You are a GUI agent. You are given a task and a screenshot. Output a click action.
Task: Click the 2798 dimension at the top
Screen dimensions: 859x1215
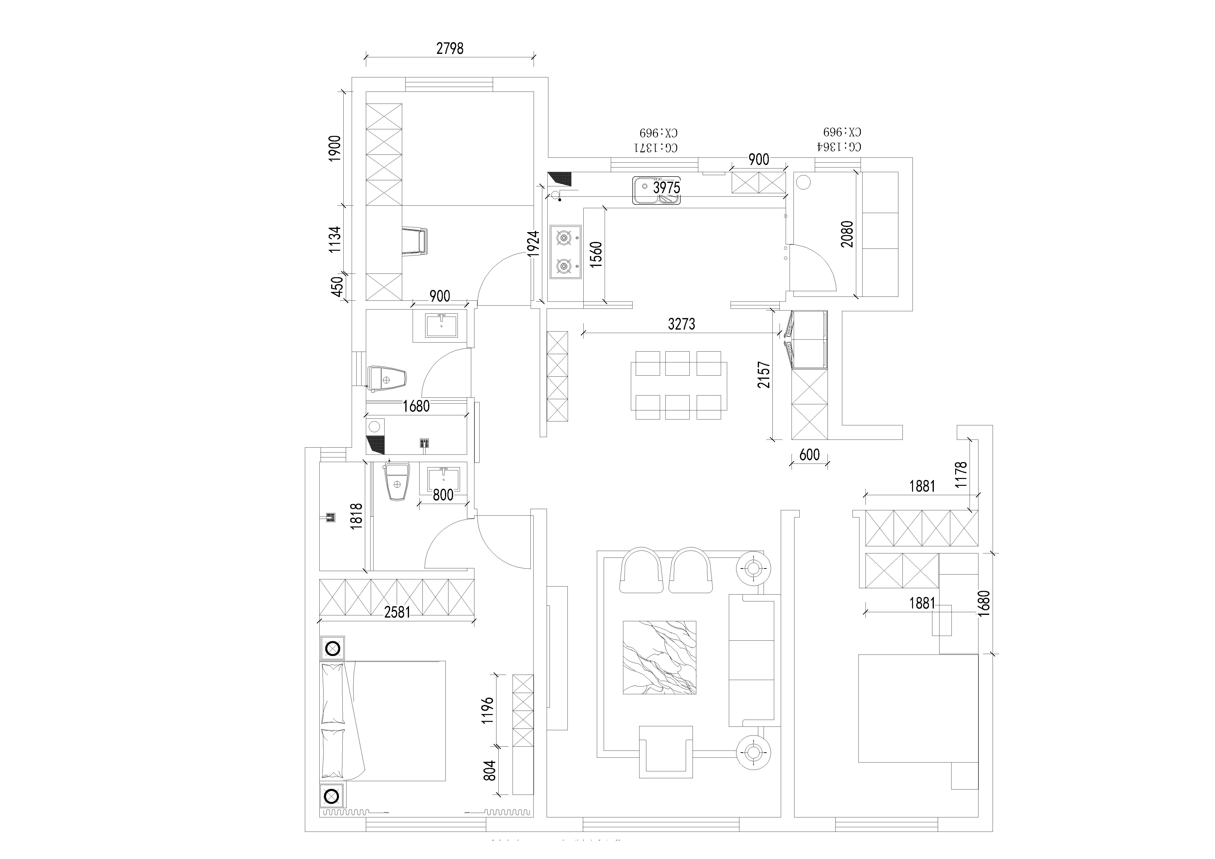(x=450, y=49)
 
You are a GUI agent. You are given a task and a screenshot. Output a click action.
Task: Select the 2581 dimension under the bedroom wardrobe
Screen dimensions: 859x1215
(x=397, y=612)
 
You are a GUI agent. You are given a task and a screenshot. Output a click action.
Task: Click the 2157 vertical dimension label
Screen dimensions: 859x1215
(x=764, y=374)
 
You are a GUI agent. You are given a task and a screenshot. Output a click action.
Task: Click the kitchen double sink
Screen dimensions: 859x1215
(x=656, y=191)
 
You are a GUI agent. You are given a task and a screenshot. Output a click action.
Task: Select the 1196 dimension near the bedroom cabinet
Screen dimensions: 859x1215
(x=488, y=710)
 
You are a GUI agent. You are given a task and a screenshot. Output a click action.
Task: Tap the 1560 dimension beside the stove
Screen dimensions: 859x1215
(x=596, y=254)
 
